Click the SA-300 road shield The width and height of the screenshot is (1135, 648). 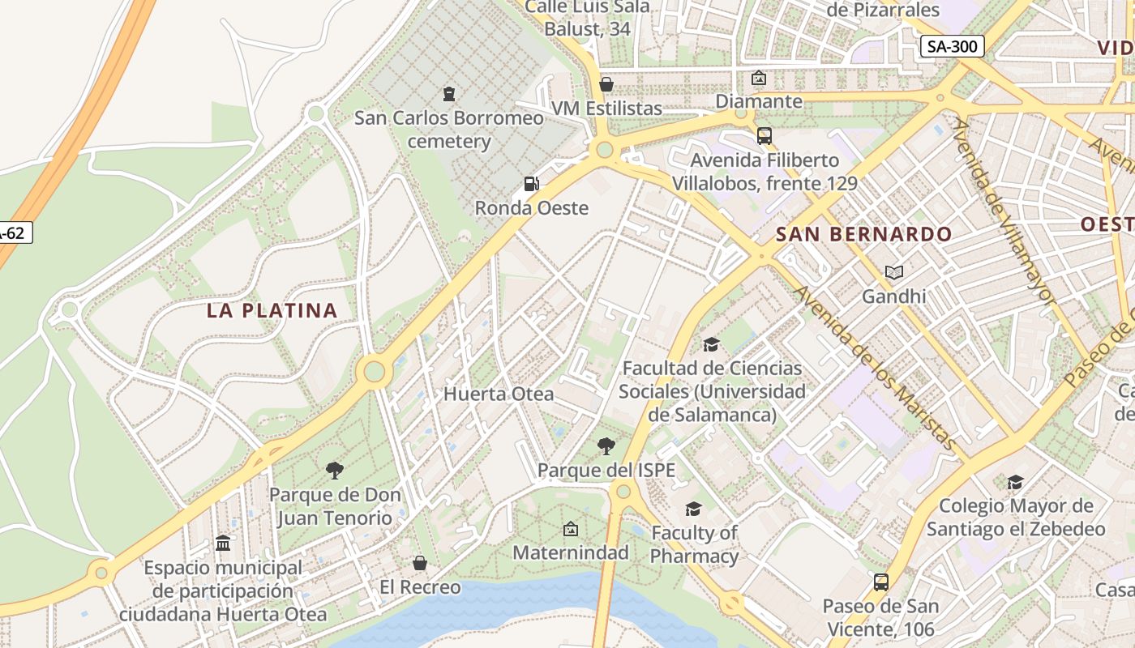coord(952,46)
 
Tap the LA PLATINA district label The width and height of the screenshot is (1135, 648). coord(272,310)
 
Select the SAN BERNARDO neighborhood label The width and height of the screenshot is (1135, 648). coord(863,234)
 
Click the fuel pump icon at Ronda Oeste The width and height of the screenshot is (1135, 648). coord(531,184)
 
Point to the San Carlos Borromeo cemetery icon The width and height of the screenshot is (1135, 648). coord(448,94)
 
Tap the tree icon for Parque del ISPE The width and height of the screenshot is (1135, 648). coord(606,446)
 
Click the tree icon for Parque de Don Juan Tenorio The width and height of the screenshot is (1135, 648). coord(334,470)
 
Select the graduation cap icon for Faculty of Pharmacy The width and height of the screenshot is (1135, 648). coord(693,509)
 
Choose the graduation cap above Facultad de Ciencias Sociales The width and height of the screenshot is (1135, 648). coord(711,344)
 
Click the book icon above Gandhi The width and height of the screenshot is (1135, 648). coord(893,272)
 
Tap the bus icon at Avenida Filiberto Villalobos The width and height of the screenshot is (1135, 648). coord(764,135)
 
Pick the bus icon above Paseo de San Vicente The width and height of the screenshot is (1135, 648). coord(880,582)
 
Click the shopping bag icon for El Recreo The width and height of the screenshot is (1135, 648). coord(420,562)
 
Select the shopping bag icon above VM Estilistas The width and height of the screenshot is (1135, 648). coord(606,84)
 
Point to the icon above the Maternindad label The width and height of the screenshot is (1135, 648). coord(570,529)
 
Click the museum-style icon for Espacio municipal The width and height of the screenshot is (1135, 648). coord(223,543)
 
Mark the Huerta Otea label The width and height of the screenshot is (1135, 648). coord(499,394)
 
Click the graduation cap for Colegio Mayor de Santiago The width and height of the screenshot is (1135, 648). coord(1015,482)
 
